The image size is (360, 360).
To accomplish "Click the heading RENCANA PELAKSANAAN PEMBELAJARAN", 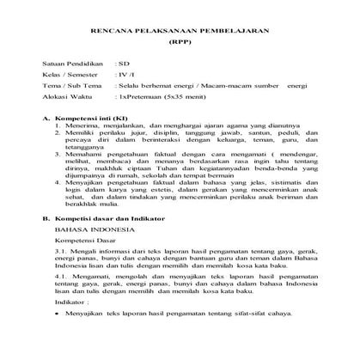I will (180, 30).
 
